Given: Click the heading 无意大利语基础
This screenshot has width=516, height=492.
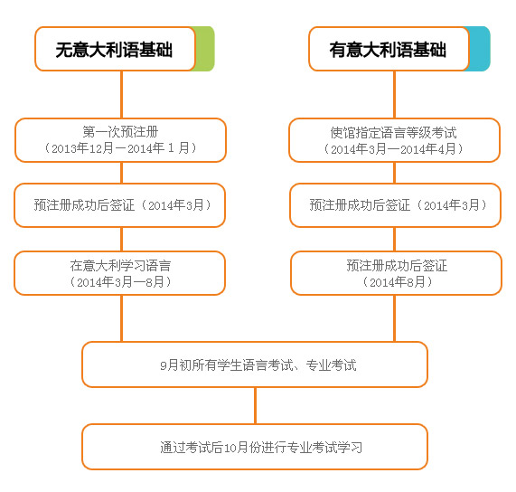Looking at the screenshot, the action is tap(114, 50).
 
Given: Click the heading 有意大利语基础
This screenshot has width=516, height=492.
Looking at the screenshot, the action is tap(388, 50).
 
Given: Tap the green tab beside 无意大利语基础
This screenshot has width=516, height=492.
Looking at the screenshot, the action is tap(205, 49).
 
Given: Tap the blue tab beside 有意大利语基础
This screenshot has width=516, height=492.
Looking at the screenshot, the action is tap(480, 49).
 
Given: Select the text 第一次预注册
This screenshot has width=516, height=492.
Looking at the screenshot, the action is tap(120, 132).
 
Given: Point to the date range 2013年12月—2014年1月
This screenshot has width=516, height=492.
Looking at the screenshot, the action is tap(120, 148).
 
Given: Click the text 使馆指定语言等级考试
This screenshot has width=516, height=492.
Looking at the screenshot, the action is tap(394, 133).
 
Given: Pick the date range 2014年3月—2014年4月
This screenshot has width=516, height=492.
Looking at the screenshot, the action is tap(394, 149).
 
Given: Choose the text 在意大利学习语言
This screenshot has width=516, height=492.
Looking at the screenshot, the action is tap(120, 265).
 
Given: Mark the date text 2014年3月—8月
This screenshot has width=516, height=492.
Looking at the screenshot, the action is tap(120, 281).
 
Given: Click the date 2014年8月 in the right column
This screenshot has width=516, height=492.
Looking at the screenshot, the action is tap(398, 282).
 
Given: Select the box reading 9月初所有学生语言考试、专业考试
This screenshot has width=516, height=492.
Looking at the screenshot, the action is tap(255, 364).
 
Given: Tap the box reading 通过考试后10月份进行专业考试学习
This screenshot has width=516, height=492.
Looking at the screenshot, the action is tap(255, 447).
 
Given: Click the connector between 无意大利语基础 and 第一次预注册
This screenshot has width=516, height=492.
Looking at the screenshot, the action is tap(121, 95).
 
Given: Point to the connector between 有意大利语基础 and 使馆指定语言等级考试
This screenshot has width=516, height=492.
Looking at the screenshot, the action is tap(394, 95).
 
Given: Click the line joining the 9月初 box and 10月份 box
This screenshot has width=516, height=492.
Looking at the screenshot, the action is tap(255, 406).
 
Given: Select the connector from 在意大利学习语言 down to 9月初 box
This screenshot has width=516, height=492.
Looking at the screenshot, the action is tap(121, 318).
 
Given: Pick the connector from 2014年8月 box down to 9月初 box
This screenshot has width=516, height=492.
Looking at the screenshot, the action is tap(394, 318).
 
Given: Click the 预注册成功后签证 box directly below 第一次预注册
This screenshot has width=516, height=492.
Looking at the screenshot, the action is tap(120, 205).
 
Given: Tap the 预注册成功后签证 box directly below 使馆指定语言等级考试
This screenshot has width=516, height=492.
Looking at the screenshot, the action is tap(395, 205).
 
